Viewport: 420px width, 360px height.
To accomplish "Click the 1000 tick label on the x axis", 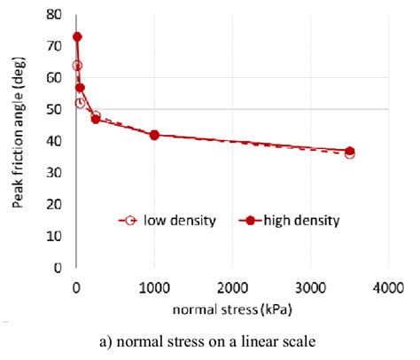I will pos(154,287).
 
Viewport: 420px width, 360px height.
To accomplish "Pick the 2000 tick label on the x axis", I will pos(232,287).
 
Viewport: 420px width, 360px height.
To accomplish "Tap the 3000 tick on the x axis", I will pos(310,287).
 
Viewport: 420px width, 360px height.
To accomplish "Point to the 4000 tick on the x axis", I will pos(388,287).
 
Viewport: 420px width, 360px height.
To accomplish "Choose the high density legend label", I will pos(300,220).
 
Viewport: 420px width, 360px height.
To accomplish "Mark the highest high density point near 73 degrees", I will pos(77,36).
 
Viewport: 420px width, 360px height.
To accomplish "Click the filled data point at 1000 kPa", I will pos(154,135).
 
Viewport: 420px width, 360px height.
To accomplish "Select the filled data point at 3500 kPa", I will pos(349,151).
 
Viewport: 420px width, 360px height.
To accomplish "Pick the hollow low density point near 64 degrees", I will pos(77,66).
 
